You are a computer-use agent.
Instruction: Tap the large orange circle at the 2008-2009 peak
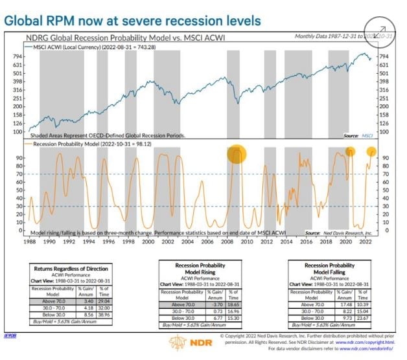pyautogui.click(x=237, y=155)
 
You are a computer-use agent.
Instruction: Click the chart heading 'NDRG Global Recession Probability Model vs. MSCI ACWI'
pyautogui.click(x=134, y=37)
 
